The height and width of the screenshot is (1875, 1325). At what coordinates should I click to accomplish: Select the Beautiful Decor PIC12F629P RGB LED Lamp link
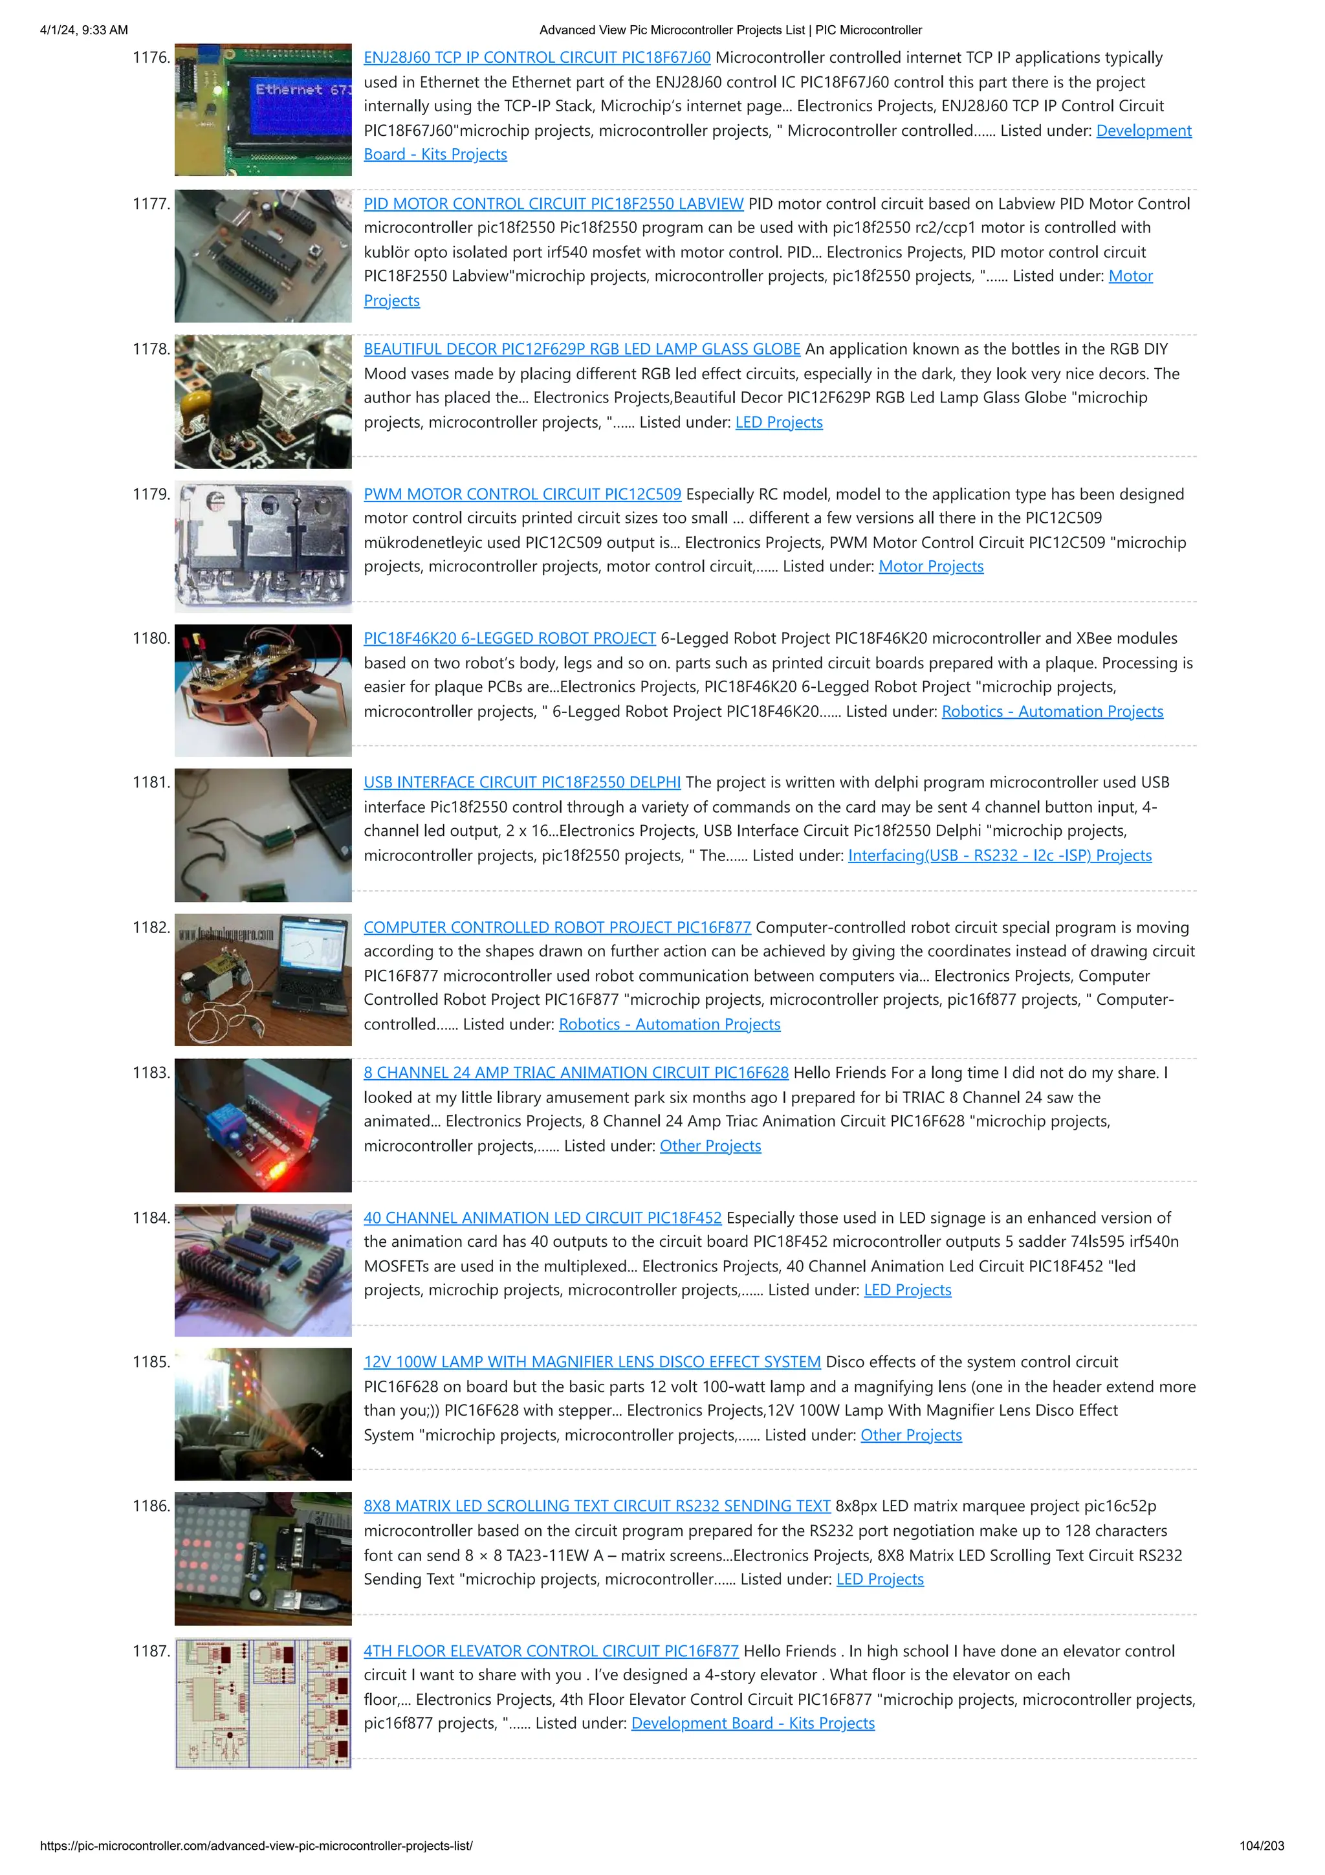581,349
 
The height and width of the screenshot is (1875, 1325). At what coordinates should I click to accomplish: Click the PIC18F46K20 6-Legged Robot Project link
509,639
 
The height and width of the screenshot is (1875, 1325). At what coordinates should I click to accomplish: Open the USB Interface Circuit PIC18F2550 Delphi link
521,782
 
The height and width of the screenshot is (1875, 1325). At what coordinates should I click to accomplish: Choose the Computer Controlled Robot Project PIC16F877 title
557,928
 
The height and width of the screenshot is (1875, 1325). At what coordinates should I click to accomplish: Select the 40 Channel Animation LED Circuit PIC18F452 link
542,1218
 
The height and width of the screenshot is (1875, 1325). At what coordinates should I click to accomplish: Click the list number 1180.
151,639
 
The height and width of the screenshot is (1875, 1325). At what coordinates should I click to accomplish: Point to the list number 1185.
151,1362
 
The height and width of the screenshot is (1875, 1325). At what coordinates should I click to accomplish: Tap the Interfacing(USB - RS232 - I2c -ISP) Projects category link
1000,856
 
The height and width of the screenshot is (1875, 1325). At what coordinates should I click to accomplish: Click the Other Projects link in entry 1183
710,1146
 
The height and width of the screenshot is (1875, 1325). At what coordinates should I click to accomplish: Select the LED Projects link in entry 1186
879,1579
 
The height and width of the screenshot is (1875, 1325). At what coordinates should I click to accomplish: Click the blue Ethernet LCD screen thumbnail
263,110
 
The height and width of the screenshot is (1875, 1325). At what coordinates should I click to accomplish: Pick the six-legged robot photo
263,691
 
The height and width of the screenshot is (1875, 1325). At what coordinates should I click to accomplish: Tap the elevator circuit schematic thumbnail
263,1704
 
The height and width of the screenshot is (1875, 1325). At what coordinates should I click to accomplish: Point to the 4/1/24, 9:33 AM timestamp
84,30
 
